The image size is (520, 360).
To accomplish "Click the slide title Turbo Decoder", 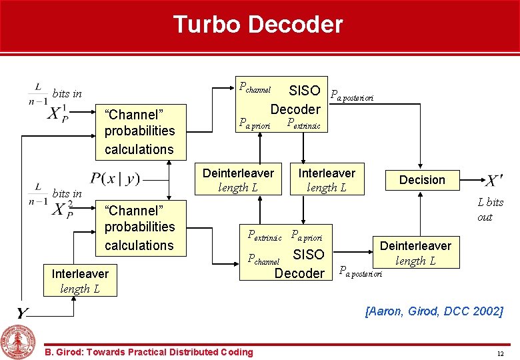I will [258, 25].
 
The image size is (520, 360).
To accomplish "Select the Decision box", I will [421, 179].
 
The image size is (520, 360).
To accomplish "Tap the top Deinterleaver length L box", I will [238, 179].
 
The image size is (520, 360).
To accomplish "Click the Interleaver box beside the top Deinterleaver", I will [327, 179].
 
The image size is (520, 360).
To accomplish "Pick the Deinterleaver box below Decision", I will [415, 253].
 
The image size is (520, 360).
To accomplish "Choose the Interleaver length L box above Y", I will [80, 281].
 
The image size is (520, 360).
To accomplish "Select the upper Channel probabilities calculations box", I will [139, 131].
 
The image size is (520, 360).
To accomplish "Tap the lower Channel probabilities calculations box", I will [139, 227].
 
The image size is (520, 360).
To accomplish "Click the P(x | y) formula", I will [115, 178].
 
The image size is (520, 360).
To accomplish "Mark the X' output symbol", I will [493, 180].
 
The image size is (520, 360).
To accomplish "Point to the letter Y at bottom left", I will [23, 313].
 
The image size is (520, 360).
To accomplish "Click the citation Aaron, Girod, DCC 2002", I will [434, 311].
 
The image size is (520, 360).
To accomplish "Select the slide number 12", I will [500, 352].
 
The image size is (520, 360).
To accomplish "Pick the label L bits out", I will [490, 209].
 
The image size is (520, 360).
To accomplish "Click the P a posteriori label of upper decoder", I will [353, 96].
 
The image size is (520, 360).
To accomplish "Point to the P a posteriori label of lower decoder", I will [360, 271].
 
